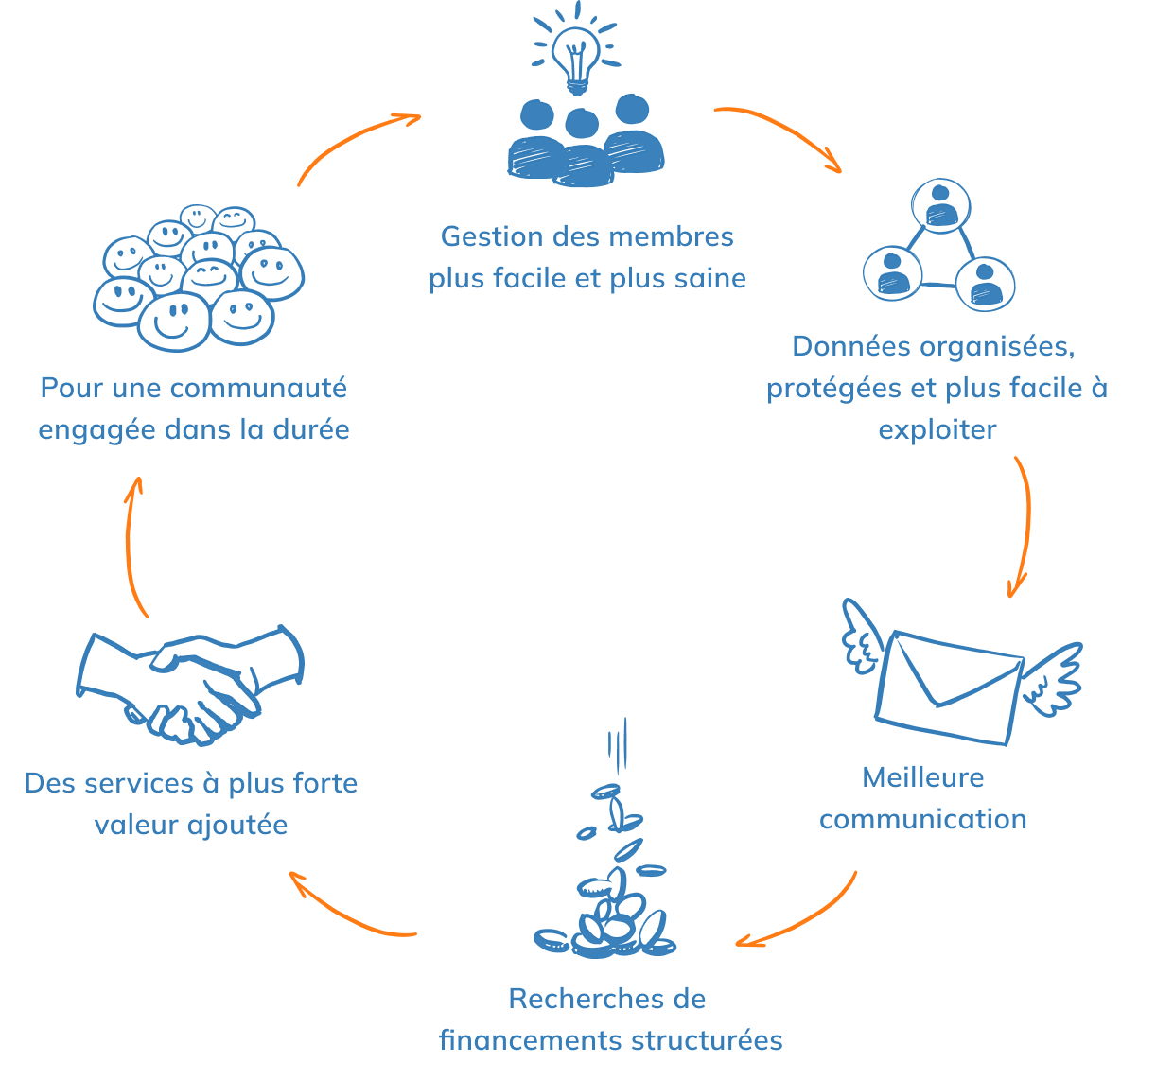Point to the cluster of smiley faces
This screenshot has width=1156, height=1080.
coord(199,276)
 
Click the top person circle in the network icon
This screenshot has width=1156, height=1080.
coord(940,205)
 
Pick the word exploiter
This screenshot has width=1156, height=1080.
coord(937,429)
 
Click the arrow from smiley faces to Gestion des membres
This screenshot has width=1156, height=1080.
coord(355,142)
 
